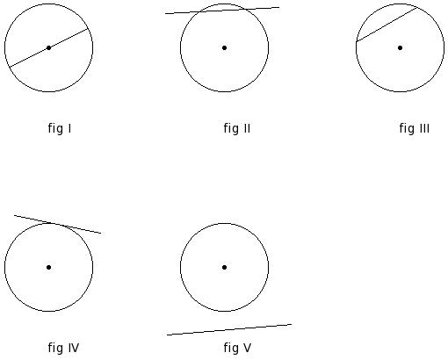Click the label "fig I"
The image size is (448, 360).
(60, 128)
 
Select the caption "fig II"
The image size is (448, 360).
(237, 128)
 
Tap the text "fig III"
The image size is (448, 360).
(415, 128)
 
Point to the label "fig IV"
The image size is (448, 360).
(63, 348)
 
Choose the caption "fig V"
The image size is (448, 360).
(237, 348)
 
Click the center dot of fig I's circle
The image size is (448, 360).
(49, 47)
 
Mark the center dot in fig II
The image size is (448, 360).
(224, 47)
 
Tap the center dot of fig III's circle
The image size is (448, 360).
(400, 47)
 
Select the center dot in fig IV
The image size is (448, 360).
(49, 267)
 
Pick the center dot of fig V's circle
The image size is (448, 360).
(224, 267)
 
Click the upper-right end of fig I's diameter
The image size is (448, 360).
(88, 29)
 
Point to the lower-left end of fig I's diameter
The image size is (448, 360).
(10, 67)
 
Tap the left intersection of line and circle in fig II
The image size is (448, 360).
(199, 11)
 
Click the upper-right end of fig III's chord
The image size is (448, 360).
(418, 8)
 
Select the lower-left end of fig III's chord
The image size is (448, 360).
(357, 42)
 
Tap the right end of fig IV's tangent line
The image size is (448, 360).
(101, 234)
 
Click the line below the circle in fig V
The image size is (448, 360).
(229, 329)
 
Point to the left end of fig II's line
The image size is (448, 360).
(165, 13)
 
